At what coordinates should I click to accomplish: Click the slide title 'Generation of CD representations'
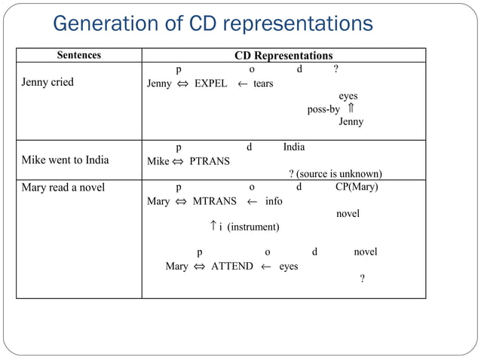[213, 24]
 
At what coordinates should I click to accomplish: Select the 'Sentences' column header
[79, 56]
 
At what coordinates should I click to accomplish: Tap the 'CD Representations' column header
[283, 56]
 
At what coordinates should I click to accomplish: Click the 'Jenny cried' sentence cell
[47, 82]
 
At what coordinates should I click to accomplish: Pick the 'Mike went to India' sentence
[65, 160]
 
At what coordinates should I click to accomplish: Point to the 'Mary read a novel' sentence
[63, 188]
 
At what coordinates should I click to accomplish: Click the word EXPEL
[211, 84]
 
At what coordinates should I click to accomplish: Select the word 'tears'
[263, 84]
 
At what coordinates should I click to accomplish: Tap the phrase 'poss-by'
[323, 109]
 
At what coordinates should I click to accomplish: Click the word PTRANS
[210, 161]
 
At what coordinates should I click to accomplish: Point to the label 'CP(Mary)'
[357, 188]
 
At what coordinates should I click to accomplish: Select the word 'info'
[274, 201]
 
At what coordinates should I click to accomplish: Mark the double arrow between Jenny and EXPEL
[183, 84]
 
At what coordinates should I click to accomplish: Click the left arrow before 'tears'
[243, 84]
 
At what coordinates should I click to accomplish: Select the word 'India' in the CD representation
[294, 147]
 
